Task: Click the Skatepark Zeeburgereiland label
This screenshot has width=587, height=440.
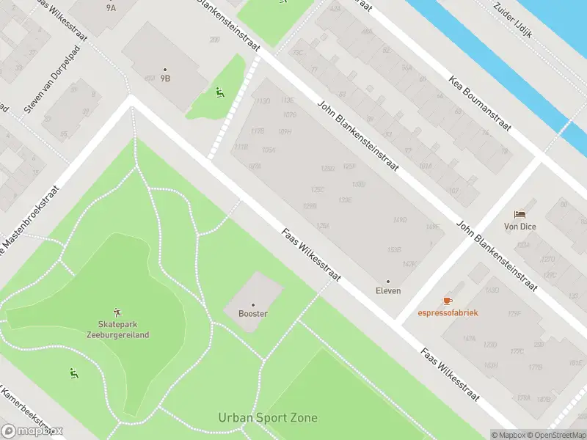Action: pyautogui.click(x=123, y=329)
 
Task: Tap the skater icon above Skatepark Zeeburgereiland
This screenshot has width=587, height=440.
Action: pyautogui.click(x=118, y=312)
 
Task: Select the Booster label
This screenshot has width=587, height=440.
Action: pyautogui.click(x=253, y=314)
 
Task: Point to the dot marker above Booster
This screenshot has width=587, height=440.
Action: pyautogui.click(x=253, y=304)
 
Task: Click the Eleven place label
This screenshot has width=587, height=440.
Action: pyautogui.click(x=388, y=290)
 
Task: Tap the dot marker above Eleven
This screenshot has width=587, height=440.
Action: pyautogui.click(x=388, y=281)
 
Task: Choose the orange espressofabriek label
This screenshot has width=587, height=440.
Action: pyautogui.click(x=448, y=312)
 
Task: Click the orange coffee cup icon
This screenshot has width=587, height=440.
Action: pyautogui.click(x=448, y=301)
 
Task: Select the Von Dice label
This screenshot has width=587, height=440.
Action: pyautogui.click(x=520, y=227)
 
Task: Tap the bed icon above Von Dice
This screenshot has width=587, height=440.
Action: pyautogui.click(x=520, y=214)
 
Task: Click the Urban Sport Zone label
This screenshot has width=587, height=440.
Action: pyautogui.click(x=268, y=418)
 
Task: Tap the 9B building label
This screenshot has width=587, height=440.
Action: pyautogui.click(x=165, y=78)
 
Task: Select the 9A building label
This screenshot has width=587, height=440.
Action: pyautogui.click(x=111, y=8)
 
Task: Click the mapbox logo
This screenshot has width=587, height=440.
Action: pyautogui.click(x=32, y=431)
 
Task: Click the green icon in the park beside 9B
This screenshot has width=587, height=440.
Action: pyautogui.click(x=219, y=92)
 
